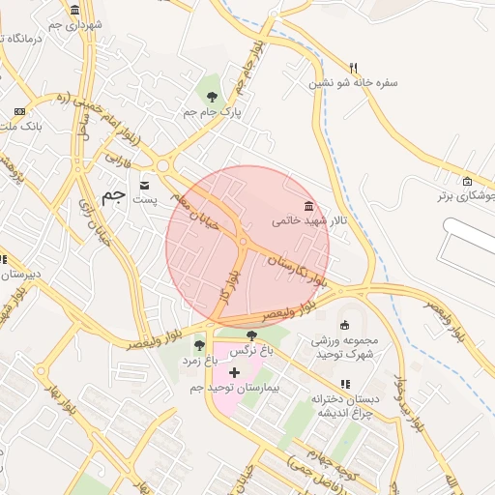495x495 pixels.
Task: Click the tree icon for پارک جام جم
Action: pos(213,96)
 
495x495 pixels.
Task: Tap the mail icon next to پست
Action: pos(145,185)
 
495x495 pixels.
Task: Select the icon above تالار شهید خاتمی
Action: pos(308,206)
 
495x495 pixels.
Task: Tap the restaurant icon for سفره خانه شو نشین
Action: pos(354,68)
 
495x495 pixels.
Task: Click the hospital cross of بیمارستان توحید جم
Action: pos(233,372)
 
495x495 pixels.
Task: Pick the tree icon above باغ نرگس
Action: pos(252,335)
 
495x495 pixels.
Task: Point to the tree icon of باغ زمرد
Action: pos(199,344)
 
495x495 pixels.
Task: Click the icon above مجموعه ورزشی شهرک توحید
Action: pos(345,325)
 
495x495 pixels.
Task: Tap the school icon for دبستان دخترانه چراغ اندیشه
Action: pos(345,384)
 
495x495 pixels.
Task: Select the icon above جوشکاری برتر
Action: pos(468,181)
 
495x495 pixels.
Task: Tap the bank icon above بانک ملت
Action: pos(19,111)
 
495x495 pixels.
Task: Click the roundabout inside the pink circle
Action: pos(243,242)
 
